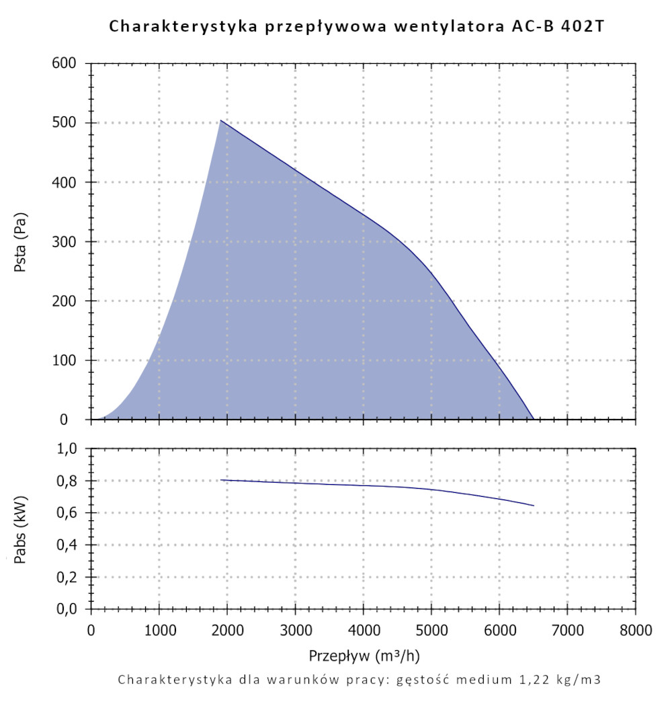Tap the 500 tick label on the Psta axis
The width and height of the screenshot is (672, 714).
pos(66,123)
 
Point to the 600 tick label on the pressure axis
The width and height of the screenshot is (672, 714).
pos(66,63)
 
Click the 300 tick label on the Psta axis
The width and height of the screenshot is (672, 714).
pos(66,241)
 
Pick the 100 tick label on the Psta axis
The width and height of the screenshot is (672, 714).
pos(66,360)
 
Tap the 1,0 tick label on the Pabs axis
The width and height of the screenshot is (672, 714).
pos(69,448)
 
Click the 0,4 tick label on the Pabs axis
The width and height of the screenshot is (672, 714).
pos(69,545)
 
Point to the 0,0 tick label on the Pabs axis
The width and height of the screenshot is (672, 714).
pos(69,609)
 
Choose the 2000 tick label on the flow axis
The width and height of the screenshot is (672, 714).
pos(227,631)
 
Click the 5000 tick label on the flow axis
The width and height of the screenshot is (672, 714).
pos(431,631)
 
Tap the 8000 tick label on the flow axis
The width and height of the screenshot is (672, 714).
pos(636,631)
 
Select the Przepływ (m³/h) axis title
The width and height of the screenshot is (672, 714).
pos(365,655)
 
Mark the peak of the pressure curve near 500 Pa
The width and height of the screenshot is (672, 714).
pos(220,120)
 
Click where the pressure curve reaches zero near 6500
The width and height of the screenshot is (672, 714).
pos(533,419)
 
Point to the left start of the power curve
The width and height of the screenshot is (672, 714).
pos(221,480)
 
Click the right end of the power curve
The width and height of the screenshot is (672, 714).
pos(534,506)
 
